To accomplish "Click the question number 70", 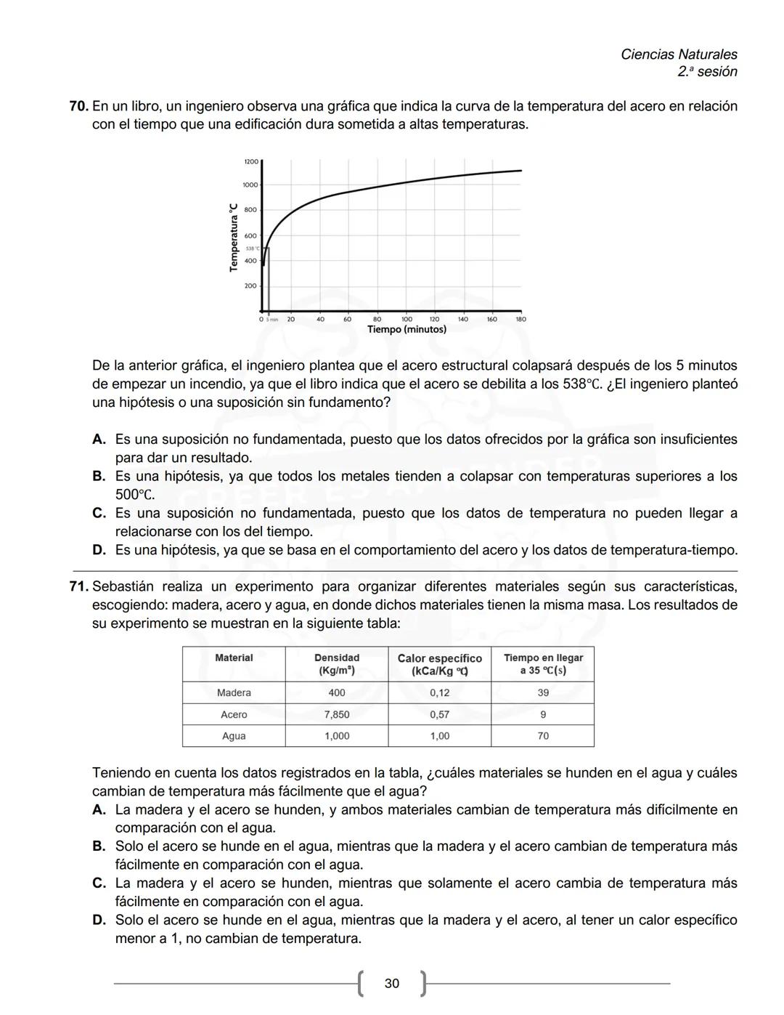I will [78, 106].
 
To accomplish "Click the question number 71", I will [78, 586].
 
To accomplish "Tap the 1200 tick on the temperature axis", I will [250, 161].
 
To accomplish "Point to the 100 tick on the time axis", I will [407, 319].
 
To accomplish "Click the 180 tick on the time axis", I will [520, 319].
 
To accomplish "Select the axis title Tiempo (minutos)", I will [407, 330].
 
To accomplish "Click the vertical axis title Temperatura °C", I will [234, 237].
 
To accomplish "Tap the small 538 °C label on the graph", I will [253, 248].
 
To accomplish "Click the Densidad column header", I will [336, 664].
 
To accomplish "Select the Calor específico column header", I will [439, 664].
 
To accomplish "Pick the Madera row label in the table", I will [234, 693].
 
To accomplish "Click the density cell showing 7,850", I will [336, 715].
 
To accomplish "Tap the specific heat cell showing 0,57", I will [439, 715].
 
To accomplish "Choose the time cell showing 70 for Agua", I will [542, 736].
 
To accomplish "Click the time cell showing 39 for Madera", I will [542, 693].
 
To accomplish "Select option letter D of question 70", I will [99, 550].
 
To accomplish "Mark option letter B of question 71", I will [99, 846].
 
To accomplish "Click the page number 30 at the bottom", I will [391, 984].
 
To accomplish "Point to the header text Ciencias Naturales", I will [679, 54].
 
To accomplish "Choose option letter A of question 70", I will [99, 440].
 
